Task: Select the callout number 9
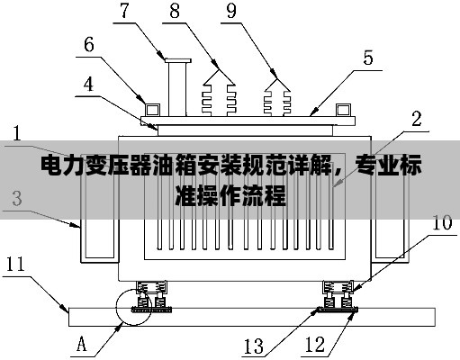[x=231, y=11]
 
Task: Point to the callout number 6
[x=89, y=45]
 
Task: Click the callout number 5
[x=368, y=58]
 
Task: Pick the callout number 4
[x=88, y=85]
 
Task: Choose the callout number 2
[x=417, y=119]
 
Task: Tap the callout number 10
[x=442, y=222]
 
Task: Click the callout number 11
[x=15, y=264]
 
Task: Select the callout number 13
[x=254, y=346]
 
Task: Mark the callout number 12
[x=315, y=345]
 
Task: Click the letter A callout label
[x=81, y=344]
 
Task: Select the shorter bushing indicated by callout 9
[x=277, y=97]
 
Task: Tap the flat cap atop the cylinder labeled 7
[x=178, y=60]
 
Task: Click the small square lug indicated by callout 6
[x=152, y=110]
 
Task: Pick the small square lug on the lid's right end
[x=343, y=110]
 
